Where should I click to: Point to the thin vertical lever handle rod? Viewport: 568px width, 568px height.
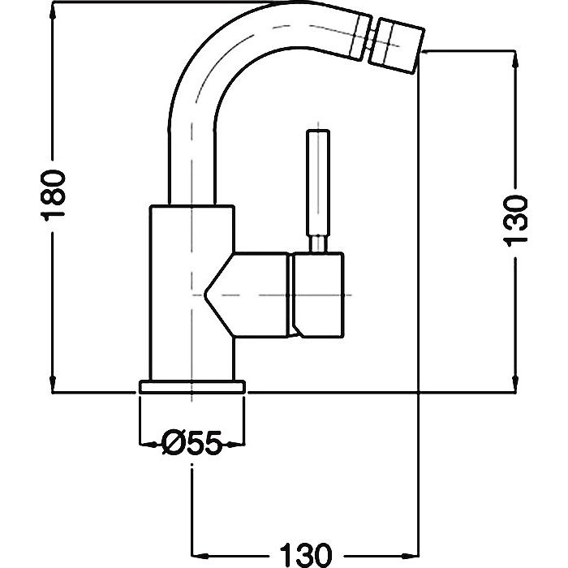tap(318, 182)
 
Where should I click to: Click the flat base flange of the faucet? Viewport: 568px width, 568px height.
tap(191, 386)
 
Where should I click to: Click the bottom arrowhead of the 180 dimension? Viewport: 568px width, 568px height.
tap(53, 388)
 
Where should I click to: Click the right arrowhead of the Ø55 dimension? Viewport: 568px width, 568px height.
tap(238, 444)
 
